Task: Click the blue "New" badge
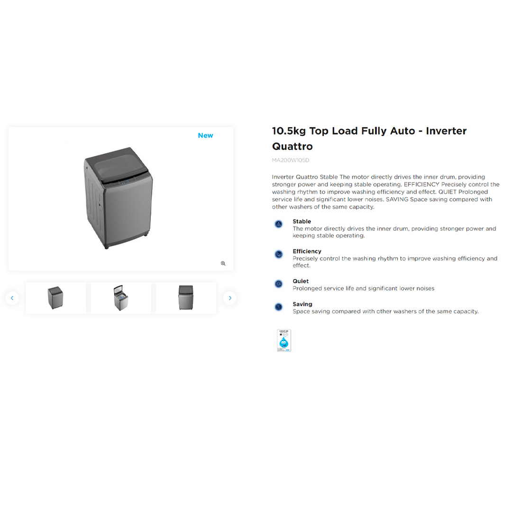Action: pyautogui.click(x=205, y=136)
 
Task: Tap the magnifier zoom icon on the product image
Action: pyautogui.click(x=223, y=264)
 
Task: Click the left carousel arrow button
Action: pyautogui.click(x=12, y=298)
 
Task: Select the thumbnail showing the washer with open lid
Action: pyautogui.click(x=120, y=298)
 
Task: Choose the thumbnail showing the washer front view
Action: pyautogui.click(x=186, y=298)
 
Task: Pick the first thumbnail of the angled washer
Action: pyautogui.click(x=56, y=298)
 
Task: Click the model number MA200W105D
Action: pyautogui.click(x=290, y=160)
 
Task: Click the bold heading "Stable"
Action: pyautogui.click(x=302, y=221)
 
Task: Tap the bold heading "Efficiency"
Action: pyautogui.click(x=307, y=251)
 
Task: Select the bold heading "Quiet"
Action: pyautogui.click(x=301, y=281)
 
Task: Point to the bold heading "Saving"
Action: pyautogui.click(x=302, y=304)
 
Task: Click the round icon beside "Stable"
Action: pyautogui.click(x=279, y=224)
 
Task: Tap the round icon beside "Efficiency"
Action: pyautogui.click(x=279, y=255)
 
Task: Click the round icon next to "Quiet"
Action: pyautogui.click(x=279, y=284)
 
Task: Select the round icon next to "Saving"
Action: pyautogui.click(x=279, y=307)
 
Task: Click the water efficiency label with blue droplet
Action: pyautogui.click(x=284, y=340)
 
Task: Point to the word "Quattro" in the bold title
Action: pyautogui.click(x=292, y=146)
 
